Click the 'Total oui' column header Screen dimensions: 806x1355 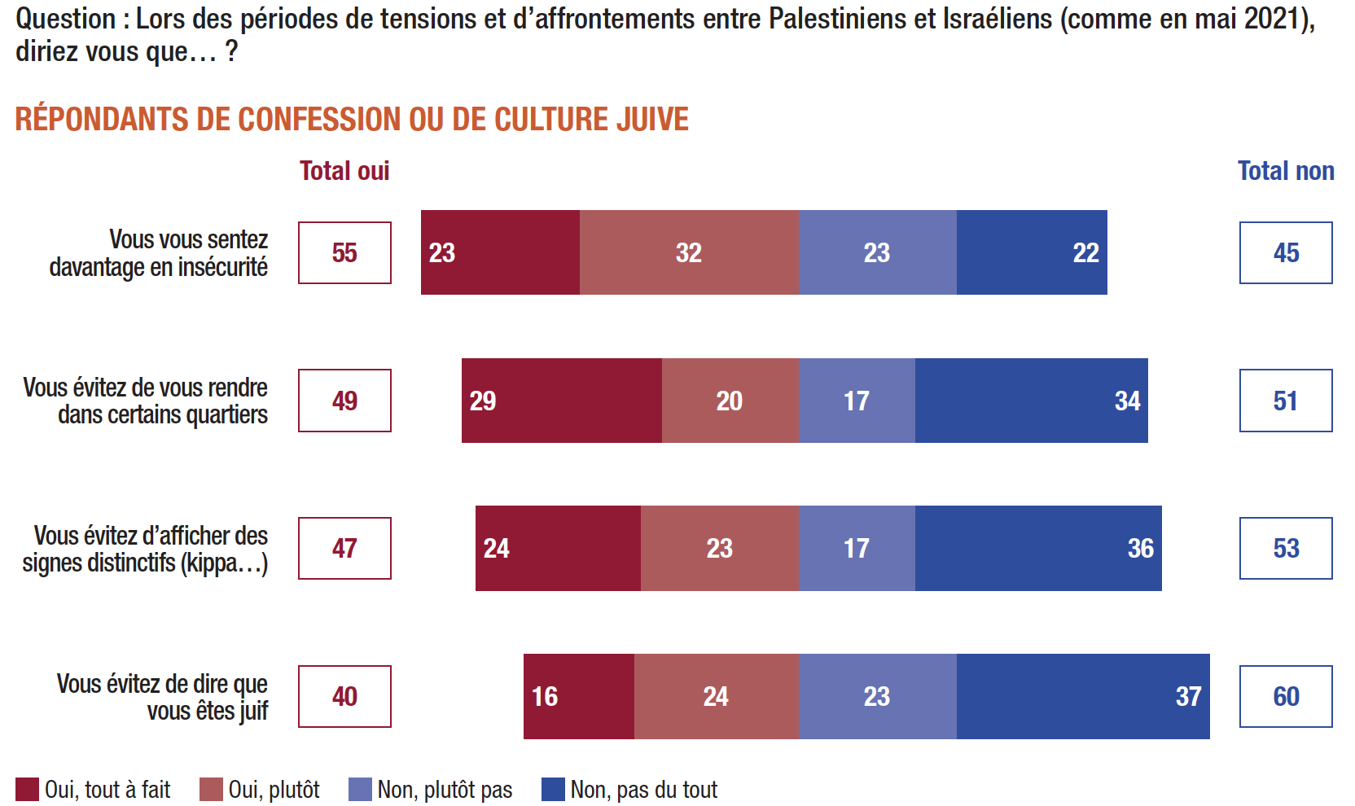[x=344, y=171]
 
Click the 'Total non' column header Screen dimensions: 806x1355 [x=1286, y=171]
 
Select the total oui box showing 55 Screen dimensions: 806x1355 [x=344, y=253]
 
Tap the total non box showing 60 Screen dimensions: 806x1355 [x=1286, y=696]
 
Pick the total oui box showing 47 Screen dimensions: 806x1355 [x=344, y=548]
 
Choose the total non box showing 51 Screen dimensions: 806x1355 [x=1286, y=401]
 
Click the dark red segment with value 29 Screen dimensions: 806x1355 [x=562, y=401]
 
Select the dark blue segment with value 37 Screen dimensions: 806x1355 [x=1083, y=696]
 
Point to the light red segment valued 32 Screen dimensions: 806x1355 [x=689, y=253]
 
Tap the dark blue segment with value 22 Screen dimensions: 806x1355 [x=1032, y=253]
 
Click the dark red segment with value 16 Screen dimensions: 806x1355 [x=579, y=696]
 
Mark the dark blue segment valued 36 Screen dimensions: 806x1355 [x=1038, y=548]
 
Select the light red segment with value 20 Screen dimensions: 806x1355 [x=730, y=401]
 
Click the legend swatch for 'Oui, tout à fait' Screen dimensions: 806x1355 [x=28, y=789]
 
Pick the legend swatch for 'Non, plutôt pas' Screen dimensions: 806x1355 [x=360, y=789]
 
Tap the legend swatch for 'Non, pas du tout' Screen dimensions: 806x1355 [x=553, y=789]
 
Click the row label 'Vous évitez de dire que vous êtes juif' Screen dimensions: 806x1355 [x=162, y=697]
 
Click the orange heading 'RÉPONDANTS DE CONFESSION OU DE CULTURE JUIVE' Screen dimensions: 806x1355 [x=352, y=120]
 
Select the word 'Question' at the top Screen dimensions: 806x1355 [x=66, y=18]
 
